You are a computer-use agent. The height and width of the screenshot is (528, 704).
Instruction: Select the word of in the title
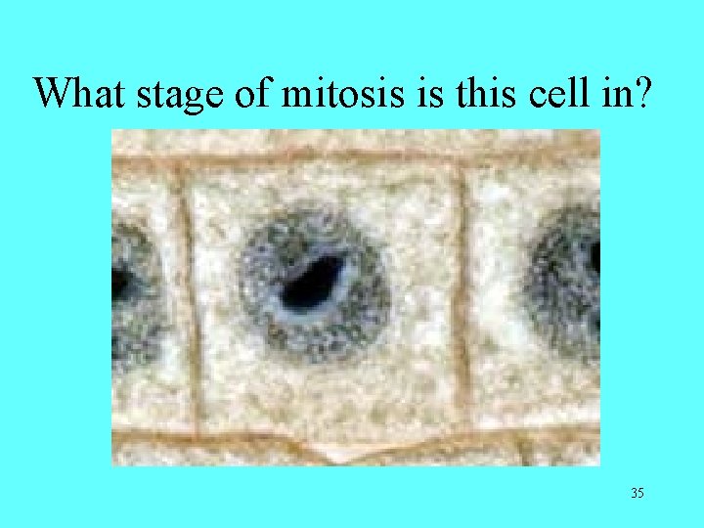(252, 94)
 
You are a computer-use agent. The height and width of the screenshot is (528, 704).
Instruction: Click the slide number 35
(637, 493)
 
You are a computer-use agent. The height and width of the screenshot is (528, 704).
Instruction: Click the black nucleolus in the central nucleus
(313, 281)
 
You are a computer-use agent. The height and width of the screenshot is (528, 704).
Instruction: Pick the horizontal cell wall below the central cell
(323, 441)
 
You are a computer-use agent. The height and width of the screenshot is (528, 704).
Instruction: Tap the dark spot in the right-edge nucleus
(594, 257)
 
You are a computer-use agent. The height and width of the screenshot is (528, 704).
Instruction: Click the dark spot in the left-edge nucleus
(117, 285)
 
